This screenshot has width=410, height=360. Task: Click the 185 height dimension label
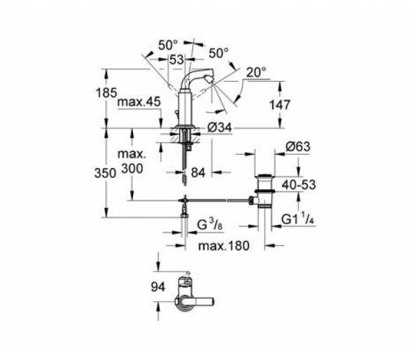click(106, 92)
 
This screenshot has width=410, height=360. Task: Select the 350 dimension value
click(105, 173)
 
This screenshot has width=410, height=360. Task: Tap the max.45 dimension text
click(139, 102)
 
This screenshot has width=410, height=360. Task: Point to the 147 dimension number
click(280, 105)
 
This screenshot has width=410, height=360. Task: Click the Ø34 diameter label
click(220, 127)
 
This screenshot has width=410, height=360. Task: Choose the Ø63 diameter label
click(298, 146)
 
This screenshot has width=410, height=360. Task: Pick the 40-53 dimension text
click(299, 185)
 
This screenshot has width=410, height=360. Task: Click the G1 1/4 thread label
click(297, 219)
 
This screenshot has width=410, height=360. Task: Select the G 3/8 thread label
click(210, 225)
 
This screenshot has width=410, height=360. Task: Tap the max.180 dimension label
click(224, 246)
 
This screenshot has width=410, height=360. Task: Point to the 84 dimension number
click(198, 172)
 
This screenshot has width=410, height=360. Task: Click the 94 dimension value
click(158, 287)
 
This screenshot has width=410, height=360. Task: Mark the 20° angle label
click(256, 72)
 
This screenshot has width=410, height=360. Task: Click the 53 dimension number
click(176, 60)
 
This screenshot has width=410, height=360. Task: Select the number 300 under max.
click(132, 169)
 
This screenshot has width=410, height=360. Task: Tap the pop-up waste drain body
click(264, 191)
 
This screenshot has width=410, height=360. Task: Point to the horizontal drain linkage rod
click(217, 200)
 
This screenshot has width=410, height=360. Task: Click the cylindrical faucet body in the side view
click(185, 108)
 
